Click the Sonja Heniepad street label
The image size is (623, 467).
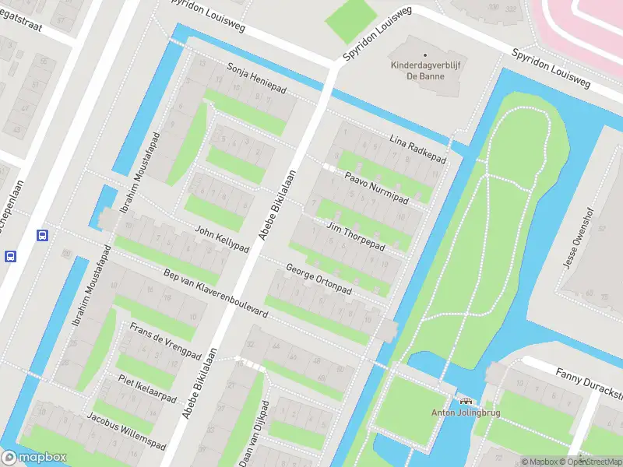256,79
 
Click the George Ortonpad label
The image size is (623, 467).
319,279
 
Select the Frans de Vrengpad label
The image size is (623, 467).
165,340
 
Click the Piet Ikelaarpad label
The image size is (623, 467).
147,386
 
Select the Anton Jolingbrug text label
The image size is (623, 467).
466,413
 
